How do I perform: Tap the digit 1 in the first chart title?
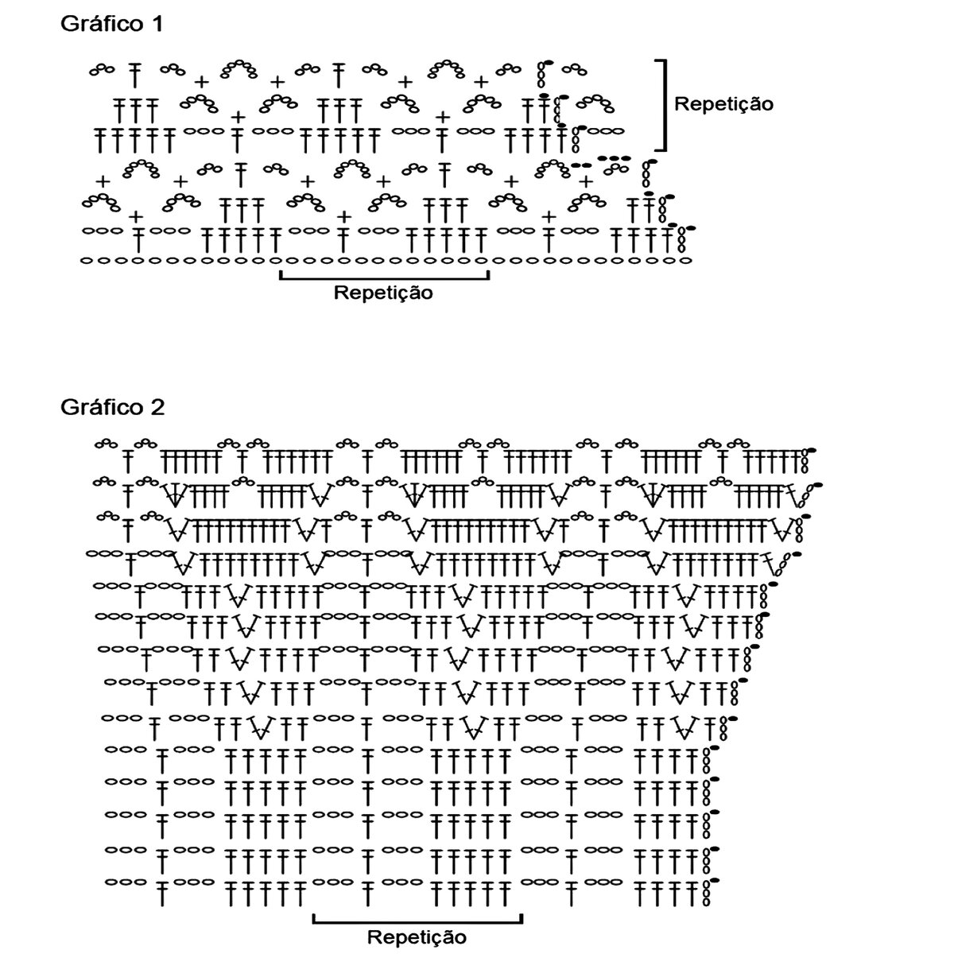pos(156,24)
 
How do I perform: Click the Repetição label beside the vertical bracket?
pos(723,103)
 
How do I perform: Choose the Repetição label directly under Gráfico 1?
pos(383,293)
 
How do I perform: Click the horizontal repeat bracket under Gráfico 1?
pos(384,277)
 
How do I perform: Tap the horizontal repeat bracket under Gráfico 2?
pos(417,921)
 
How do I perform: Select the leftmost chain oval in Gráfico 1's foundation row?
pos(85,260)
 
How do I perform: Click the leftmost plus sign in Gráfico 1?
pos(101,179)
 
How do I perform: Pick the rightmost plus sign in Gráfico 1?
pos(586,179)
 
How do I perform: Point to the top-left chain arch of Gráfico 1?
pos(101,70)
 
